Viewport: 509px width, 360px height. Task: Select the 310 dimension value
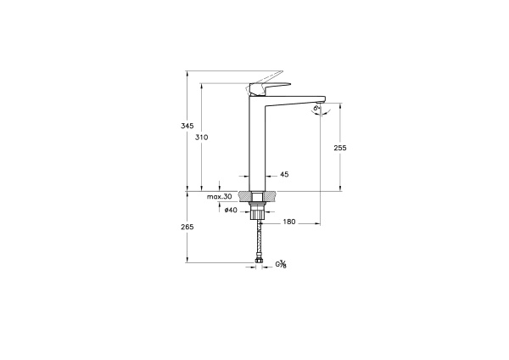pos(202,137)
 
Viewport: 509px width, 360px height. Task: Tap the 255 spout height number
pos(340,147)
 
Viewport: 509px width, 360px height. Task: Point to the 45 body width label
pos(284,174)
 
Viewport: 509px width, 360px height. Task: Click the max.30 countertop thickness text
pos(219,196)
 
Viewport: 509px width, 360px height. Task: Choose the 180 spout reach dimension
pos(288,222)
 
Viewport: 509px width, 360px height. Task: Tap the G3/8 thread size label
pos(281,265)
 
